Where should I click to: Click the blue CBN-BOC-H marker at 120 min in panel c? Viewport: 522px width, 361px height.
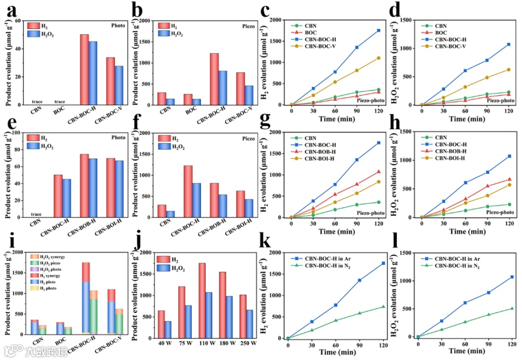click(x=378, y=30)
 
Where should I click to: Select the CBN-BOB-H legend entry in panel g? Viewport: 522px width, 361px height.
click(x=321, y=151)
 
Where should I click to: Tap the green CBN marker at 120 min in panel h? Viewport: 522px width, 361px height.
click(x=508, y=204)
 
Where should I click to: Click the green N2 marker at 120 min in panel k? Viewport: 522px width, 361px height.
click(x=383, y=306)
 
